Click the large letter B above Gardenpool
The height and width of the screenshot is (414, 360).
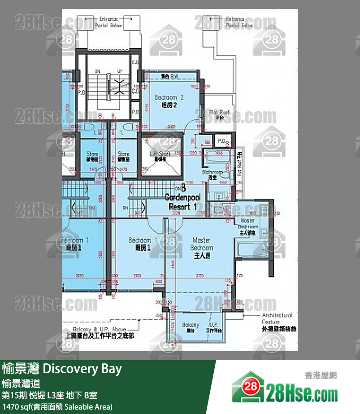[x=183, y=189]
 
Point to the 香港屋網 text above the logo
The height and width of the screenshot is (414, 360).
[x=320, y=376]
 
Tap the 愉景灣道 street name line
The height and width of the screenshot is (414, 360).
[x=21, y=383]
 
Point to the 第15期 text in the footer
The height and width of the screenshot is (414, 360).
[x=14, y=396]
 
